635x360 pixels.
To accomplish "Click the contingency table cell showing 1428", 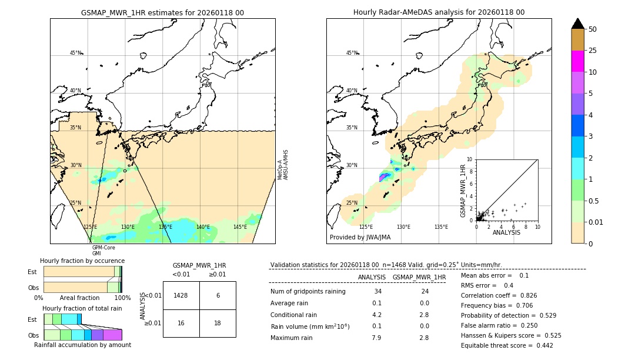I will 181,295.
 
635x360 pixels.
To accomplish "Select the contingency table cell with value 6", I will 218,295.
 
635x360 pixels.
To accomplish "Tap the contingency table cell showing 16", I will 181,324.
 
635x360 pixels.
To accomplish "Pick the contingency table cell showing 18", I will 218,324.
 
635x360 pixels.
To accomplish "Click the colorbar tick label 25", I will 593,51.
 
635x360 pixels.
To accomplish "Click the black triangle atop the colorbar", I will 578,24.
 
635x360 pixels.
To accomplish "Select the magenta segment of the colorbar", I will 578,61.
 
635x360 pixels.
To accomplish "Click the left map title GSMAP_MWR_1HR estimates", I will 162,12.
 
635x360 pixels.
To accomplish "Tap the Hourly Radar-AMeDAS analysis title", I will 439,12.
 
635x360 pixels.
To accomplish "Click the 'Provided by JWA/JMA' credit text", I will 360,238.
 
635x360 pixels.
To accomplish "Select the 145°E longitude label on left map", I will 240,227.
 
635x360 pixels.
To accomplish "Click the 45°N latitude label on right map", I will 352,53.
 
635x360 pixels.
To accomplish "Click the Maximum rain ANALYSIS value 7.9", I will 376,338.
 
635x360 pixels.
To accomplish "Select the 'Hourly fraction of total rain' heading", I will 82,308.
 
